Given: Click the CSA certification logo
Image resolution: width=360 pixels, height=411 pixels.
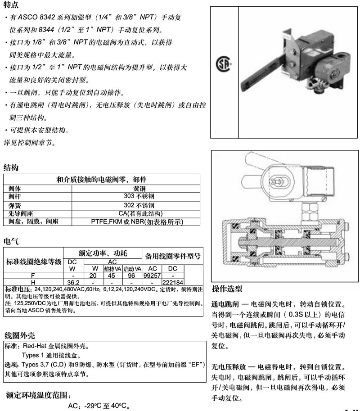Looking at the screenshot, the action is point(223,63).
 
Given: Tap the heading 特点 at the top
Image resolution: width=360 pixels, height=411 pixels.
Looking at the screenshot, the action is point(11,5).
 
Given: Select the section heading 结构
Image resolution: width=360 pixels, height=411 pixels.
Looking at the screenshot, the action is point(11,167).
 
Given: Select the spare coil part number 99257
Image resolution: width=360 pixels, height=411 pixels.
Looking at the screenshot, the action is point(152,276).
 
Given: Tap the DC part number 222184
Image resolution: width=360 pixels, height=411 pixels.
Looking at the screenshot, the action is point(173,282).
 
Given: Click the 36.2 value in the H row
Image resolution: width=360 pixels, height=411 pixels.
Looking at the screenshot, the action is point(73,282).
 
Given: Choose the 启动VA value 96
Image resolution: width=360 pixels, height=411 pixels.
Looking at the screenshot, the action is point(131,276).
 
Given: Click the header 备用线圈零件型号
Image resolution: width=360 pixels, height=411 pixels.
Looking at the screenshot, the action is point(173,256).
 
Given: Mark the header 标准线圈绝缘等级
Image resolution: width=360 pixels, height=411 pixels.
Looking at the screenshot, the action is point(34,262).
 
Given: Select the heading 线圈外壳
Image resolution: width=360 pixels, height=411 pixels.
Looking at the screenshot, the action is point(20,335).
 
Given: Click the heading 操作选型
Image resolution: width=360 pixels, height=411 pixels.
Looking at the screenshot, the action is point(227,289).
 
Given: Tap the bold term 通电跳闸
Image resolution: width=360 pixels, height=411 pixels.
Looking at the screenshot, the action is point(225,304).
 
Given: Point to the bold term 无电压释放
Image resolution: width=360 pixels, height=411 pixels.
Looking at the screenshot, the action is point(229,366).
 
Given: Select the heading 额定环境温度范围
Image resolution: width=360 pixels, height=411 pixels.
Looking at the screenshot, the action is point(39,395).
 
